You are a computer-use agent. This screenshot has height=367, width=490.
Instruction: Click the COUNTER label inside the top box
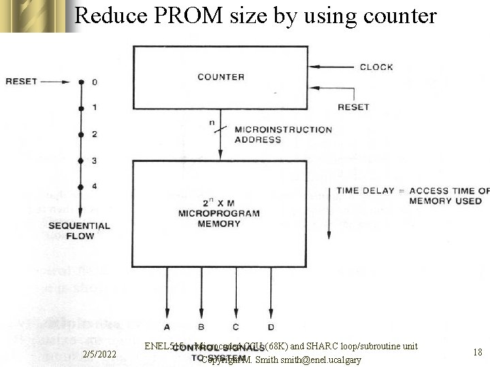coord(220,77)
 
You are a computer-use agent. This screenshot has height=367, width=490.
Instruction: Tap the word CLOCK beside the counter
coord(376,67)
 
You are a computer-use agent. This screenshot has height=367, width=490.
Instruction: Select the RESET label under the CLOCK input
coord(353,107)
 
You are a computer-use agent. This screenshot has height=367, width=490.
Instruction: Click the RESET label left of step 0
coord(21,82)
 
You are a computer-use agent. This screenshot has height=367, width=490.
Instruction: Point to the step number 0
coord(95,82)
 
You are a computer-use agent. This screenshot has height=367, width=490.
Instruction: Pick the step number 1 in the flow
coord(95,107)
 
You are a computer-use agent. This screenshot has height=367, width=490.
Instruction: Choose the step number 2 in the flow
coord(95,134)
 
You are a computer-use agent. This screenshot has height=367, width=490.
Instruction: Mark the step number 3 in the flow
coord(95,160)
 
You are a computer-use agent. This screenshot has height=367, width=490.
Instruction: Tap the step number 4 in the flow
coord(95,186)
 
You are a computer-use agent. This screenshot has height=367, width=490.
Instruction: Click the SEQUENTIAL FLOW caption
coord(79,230)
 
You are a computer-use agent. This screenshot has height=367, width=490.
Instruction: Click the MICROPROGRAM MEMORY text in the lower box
coord(219,213)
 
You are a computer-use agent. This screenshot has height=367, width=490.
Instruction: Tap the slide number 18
coord(477,352)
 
